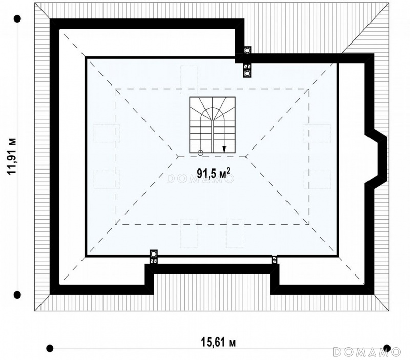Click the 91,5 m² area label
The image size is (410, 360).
click(214, 173)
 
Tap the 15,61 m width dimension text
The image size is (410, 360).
click(218, 342)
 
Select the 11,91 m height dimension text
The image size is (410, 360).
click(12, 157)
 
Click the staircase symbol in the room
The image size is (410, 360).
click(212, 125)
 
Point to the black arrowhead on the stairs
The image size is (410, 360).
click(224, 149)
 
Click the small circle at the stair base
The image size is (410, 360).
click(200, 153)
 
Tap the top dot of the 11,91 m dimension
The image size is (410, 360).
click(17, 19)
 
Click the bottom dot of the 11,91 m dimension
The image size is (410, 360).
click(17, 295)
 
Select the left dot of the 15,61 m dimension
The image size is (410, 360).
click(50, 348)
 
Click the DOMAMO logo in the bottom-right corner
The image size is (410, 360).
click(367, 352)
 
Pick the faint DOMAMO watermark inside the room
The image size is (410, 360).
click(200, 179)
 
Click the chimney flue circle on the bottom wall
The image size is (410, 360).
click(153, 253)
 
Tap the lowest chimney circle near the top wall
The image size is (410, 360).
click(247, 73)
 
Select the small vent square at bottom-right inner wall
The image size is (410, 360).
click(274, 260)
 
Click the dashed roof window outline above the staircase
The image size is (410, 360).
click(189, 80)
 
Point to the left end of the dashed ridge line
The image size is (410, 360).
click(178, 157)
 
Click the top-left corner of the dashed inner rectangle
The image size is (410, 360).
click(115, 89)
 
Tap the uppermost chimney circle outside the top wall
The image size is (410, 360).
click(247, 50)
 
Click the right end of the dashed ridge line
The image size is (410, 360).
click(246, 157)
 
